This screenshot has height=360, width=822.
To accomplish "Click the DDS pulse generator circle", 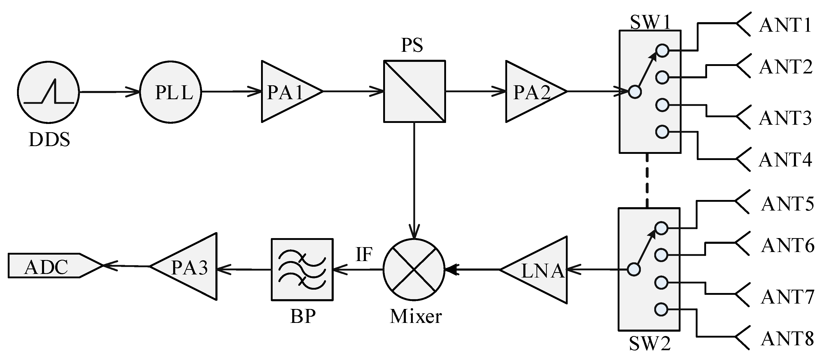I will (48, 92).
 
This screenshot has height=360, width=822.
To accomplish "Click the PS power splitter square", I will (414, 91).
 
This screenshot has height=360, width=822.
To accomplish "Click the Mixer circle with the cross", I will (414, 270).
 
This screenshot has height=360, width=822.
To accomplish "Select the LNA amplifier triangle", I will (539, 270).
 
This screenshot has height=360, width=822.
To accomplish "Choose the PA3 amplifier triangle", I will (188, 267).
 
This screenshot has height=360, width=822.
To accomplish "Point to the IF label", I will (364, 255).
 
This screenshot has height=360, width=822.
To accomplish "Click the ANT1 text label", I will (785, 25).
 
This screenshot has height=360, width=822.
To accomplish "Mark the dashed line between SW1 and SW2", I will (647, 180).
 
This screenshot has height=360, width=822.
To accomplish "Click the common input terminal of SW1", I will (635, 92).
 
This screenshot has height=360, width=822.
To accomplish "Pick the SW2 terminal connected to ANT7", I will (661, 282).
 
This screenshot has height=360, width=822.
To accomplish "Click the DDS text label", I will (49, 140).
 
